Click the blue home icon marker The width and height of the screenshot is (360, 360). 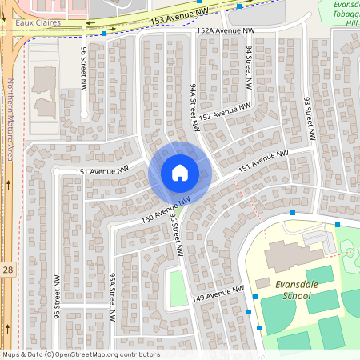point(180,172)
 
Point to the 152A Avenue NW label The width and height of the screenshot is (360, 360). point(226,30)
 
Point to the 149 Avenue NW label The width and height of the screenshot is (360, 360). point(217,294)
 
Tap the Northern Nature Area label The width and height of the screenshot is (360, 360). point(11,120)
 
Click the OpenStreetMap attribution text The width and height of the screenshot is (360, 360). point(81,354)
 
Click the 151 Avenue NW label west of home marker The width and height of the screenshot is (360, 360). point(102,170)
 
